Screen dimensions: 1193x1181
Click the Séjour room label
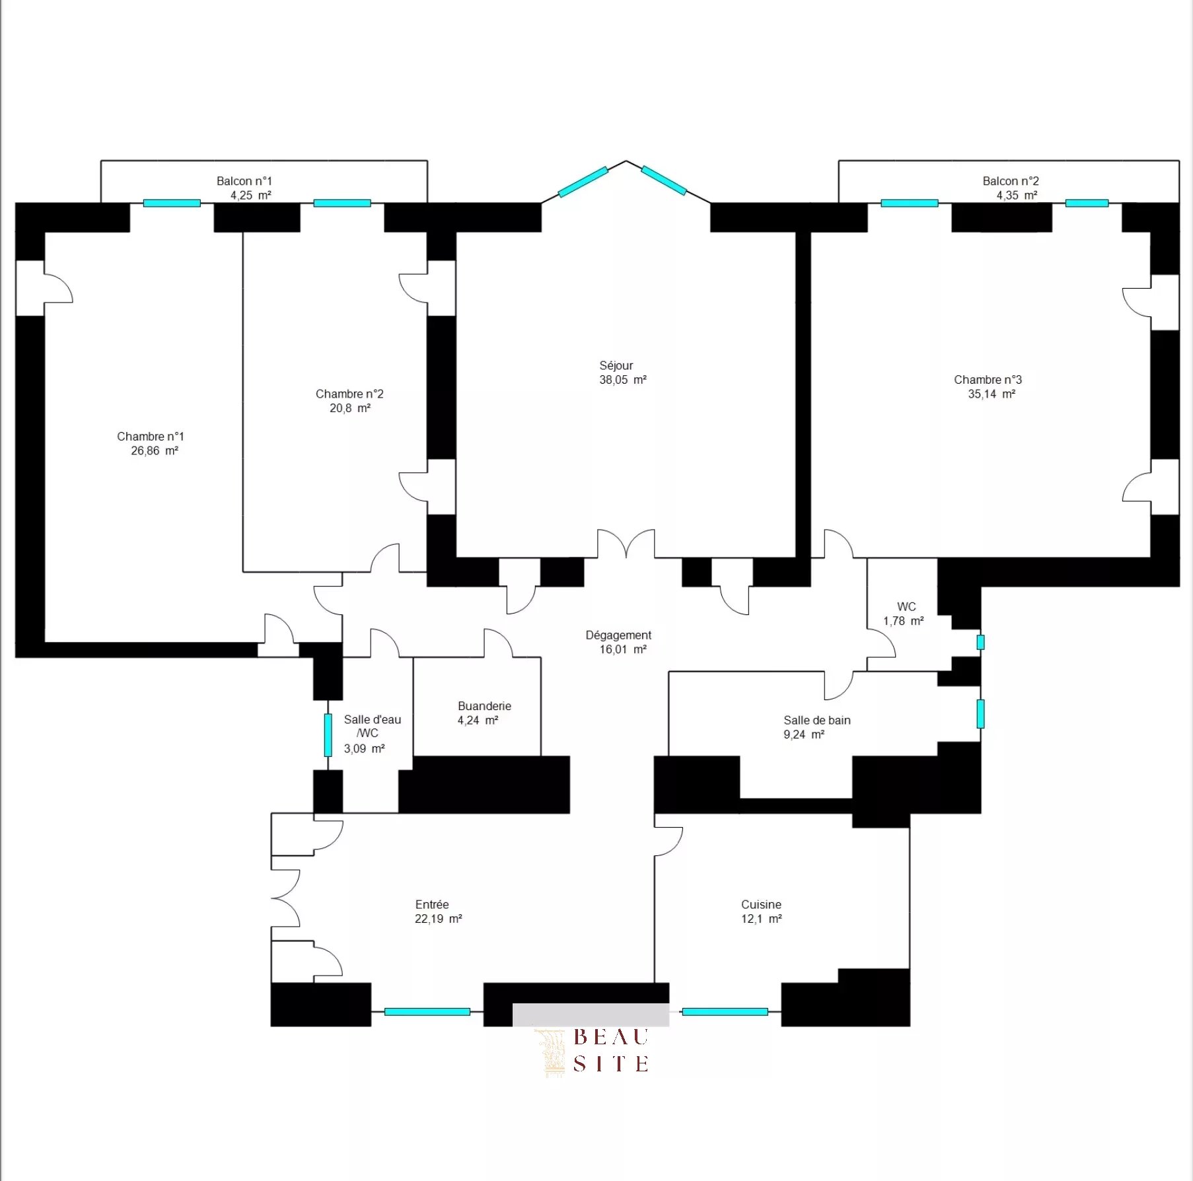(x=616, y=365)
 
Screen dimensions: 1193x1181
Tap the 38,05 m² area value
(x=622, y=380)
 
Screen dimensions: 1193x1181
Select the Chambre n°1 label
(x=151, y=437)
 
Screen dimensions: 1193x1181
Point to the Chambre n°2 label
(x=349, y=394)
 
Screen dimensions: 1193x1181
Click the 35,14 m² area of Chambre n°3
(x=991, y=394)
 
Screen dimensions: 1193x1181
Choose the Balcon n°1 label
(x=244, y=181)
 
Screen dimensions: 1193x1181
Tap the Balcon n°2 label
(x=1010, y=181)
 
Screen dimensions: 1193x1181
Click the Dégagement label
(x=618, y=635)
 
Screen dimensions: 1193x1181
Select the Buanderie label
(x=484, y=706)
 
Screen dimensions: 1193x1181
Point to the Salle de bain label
(x=816, y=721)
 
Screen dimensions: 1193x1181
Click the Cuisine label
(x=761, y=905)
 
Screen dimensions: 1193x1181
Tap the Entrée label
(x=432, y=905)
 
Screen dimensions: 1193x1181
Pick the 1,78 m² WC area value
(x=903, y=622)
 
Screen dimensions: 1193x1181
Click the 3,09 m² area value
(x=364, y=749)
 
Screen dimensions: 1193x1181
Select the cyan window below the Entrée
(x=427, y=1012)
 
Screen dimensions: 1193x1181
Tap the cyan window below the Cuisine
(x=725, y=1012)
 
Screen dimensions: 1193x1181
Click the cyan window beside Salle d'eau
(x=328, y=735)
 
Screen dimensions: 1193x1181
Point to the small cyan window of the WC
(x=980, y=642)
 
